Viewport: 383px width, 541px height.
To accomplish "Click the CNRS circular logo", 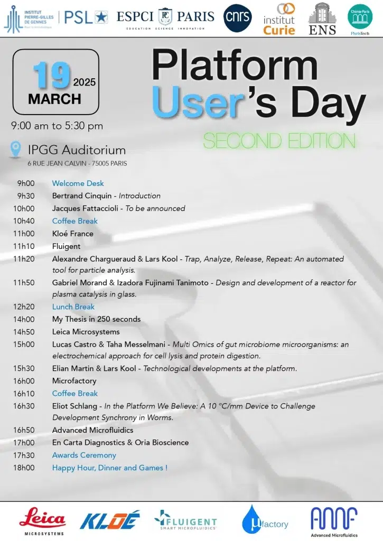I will tap(238, 18).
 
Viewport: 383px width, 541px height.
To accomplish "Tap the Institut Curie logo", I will tap(279, 20).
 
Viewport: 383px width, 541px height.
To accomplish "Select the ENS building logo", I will tap(322, 19).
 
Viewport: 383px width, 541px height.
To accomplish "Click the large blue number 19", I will tap(51, 75).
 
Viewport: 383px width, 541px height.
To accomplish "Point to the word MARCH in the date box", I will tap(54, 99).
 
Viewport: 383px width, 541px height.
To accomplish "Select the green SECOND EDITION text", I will tap(279, 141).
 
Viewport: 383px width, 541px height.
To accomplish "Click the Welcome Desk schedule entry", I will tap(78, 183).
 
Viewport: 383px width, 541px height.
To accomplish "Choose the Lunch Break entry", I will tap(73, 306).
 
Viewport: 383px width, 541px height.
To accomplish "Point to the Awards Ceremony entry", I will tap(84, 455).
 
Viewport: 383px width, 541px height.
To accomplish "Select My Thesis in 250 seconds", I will tap(96, 319).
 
